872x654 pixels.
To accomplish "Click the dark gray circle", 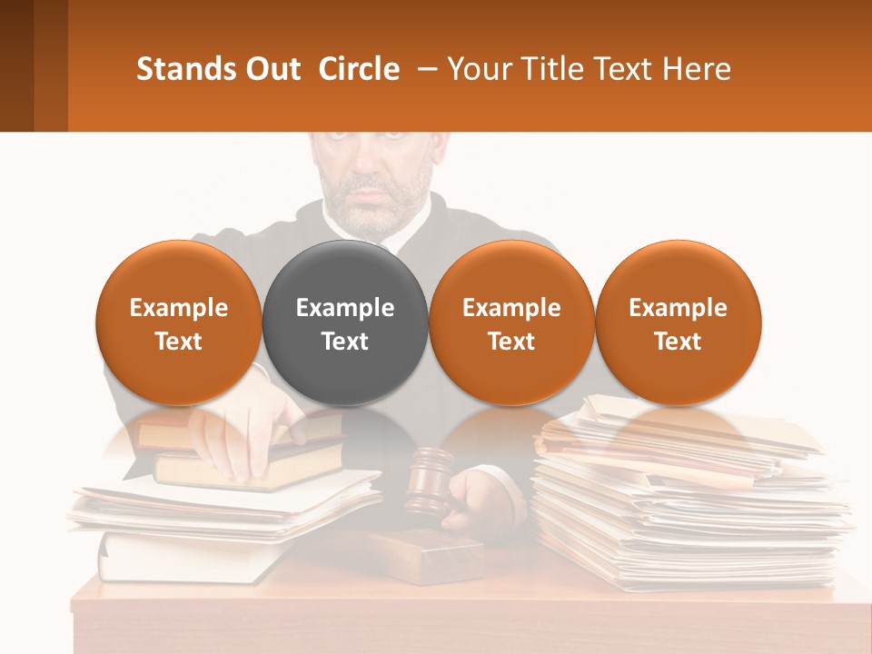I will tap(345, 322).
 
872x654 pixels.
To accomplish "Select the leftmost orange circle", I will tap(179, 322).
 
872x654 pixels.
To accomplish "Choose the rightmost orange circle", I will tap(678, 322).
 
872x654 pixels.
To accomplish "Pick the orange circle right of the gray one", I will tap(511, 322).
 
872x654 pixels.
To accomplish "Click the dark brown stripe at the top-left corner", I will tap(16, 65).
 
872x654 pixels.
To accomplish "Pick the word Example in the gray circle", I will tap(345, 308).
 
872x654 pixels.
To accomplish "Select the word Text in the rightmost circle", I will tap(678, 342).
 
